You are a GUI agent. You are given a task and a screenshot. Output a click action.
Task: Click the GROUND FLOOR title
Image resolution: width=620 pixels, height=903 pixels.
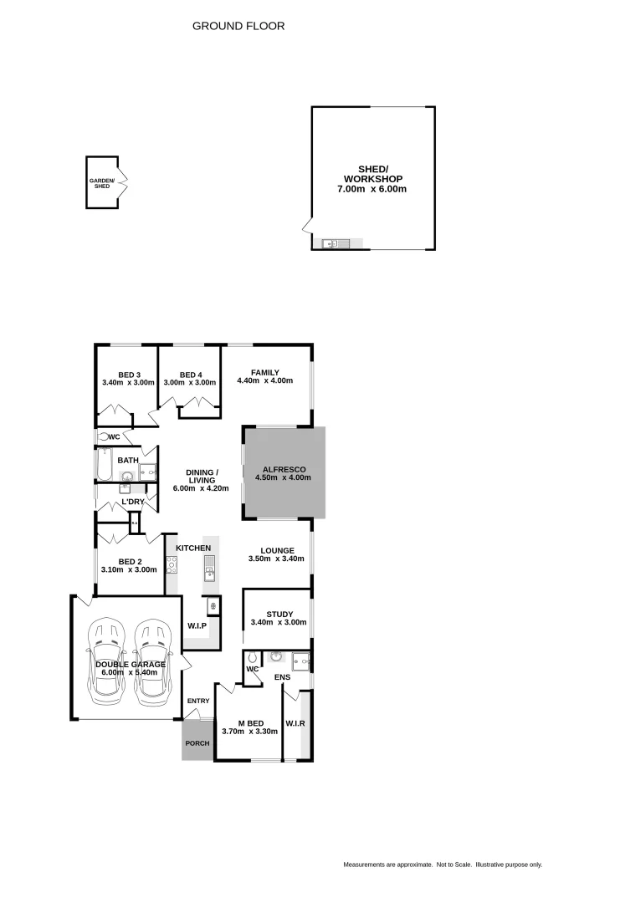[x=238, y=26]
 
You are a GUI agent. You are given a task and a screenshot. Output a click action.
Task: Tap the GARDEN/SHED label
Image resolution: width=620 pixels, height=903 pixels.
[x=101, y=182]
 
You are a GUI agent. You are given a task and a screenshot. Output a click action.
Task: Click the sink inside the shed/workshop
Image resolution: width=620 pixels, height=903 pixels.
[x=330, y=244]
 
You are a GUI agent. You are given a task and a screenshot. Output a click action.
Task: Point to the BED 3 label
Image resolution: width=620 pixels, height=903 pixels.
[x=128, y=378]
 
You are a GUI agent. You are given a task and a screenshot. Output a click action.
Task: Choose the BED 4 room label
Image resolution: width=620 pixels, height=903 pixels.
[x=190, y=378]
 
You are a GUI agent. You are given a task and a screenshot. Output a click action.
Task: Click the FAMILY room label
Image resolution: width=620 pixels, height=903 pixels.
[x=264, y=377]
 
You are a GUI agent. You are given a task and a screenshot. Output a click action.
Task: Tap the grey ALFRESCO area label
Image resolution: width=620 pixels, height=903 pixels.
[x=283, y=473]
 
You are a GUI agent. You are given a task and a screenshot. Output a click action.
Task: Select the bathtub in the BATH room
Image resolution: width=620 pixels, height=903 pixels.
[x=105, y=466]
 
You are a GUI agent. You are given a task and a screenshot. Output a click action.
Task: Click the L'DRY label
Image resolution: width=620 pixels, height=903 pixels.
[x=132, y=502]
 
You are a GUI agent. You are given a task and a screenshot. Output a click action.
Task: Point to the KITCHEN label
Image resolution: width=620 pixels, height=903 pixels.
[x=192, y=548]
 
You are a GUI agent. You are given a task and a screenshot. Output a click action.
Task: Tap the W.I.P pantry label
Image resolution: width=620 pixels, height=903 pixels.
[x=197, y=625]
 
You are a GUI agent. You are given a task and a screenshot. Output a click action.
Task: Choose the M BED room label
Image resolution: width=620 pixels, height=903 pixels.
[x=249, y=727]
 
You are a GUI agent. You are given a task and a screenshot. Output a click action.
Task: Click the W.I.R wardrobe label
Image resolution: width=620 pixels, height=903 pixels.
[x=295, y=722]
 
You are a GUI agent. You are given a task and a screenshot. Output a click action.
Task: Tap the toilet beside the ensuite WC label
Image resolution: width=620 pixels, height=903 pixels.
[x=253, y=659]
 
